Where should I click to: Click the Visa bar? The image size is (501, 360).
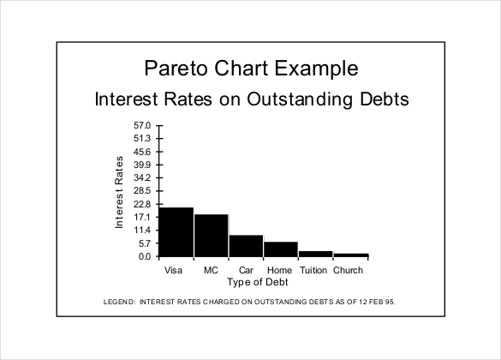176,232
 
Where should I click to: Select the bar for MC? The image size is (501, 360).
212,236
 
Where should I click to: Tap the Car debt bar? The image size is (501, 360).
246,246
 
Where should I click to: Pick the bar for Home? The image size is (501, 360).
281,249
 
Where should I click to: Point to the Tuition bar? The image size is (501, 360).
316,254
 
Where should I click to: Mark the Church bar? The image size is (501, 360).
351,255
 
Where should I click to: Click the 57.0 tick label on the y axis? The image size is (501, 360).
142,125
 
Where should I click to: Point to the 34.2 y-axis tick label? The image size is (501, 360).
142,177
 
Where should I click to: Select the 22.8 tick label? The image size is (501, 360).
142,204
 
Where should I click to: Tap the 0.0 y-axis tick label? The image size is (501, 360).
145,256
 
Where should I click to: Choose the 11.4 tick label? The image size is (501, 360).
142,231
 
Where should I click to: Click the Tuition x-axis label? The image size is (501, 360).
313,270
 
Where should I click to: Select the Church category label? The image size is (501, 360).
348,270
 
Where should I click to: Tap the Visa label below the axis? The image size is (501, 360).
173,270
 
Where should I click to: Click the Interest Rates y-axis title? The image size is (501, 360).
119,192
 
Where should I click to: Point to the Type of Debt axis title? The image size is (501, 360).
258,282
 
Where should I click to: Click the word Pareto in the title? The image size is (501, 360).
176,68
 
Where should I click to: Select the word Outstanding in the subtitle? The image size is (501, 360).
300,99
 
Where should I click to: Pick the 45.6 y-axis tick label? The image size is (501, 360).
142,152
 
